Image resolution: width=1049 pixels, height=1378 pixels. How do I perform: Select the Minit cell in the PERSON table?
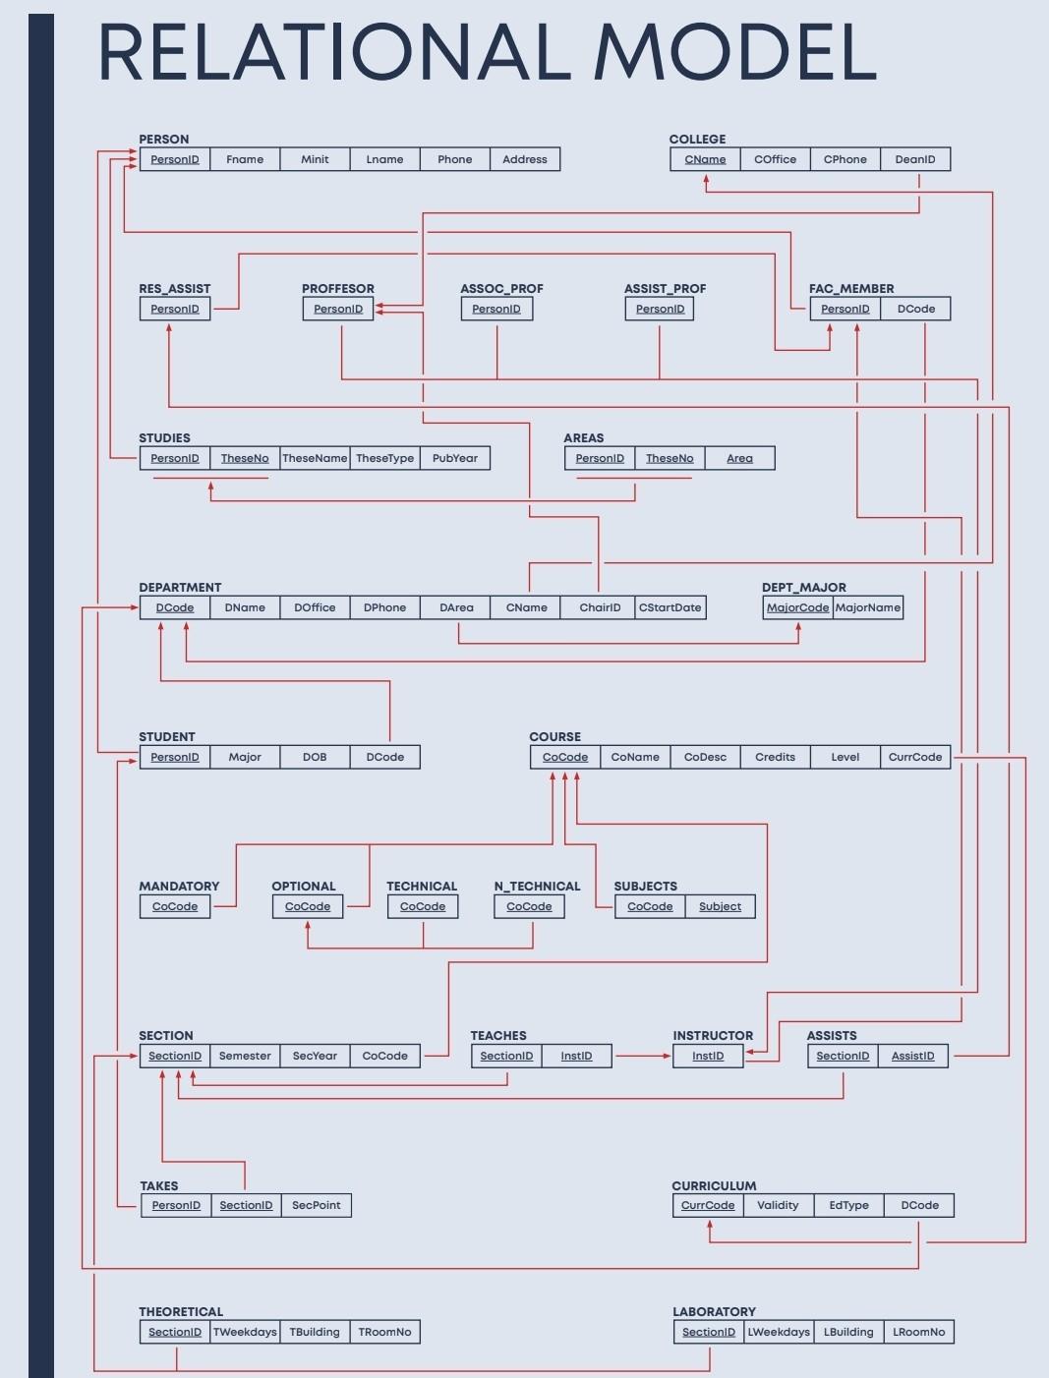coord(315,159)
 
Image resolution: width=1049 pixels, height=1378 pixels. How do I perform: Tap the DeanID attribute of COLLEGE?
coord(915,159)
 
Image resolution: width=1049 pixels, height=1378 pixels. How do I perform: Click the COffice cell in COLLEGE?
coord(775,159)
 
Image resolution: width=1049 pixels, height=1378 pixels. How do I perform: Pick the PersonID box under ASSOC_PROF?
coord(496,309)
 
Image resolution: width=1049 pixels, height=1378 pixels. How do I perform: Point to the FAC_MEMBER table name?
coord(851,289)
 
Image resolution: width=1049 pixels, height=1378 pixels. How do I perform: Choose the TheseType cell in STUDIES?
coord(384,458)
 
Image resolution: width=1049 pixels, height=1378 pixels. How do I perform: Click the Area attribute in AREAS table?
coord(739,458)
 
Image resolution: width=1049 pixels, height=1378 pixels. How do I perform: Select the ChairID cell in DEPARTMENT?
coord(600,607)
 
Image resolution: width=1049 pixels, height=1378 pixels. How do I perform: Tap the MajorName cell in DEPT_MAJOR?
coord(868,607)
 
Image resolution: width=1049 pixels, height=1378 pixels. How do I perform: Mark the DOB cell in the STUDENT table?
coord(315,757)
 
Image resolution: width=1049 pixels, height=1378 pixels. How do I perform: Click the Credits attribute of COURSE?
coord(775,757)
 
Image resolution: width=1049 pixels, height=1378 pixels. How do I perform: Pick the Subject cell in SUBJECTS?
coord(720,906)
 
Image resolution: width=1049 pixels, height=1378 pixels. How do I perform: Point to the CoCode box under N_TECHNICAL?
coord(529,906)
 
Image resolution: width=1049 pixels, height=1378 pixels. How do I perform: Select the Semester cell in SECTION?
coord(245,1056)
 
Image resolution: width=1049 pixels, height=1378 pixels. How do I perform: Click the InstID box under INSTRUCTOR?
coord(708,1056)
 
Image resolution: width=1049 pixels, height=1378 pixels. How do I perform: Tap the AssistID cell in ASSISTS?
coord(912,1056)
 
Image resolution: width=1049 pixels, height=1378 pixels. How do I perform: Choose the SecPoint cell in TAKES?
coord(317,1205)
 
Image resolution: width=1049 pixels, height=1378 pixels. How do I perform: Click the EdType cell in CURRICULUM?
coord(849,1205)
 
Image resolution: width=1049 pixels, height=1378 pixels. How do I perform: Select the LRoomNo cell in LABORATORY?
coord(918,1332)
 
